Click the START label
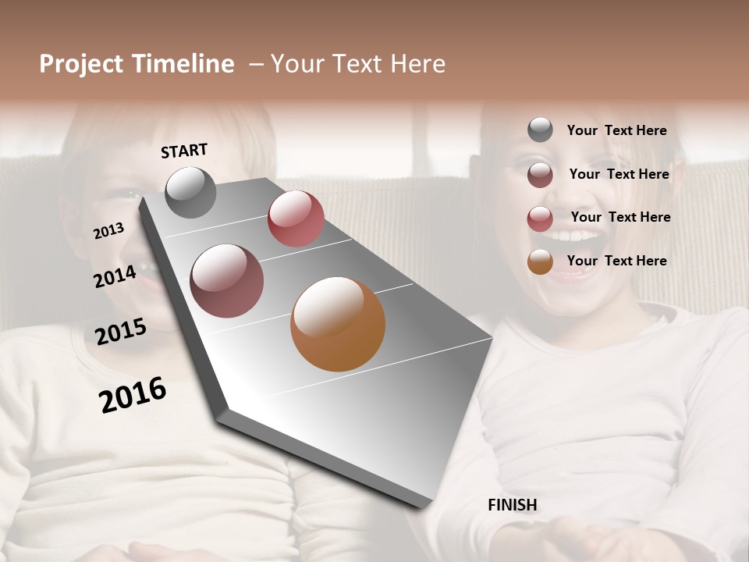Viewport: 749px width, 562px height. (x=184, y=151)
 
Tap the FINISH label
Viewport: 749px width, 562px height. (x=512, y=505)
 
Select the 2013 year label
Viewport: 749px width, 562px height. (x=109, y=230)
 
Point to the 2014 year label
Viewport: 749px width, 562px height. (x=115, y=277)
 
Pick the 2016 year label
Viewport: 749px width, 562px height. (x=133, y=394)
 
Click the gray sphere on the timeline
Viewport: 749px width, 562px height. (x=191, y=192)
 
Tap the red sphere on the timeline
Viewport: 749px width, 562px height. (x=296, y=219)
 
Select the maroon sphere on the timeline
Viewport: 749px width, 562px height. (x=227, y=281)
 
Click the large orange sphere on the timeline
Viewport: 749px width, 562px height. (x=338, y=324)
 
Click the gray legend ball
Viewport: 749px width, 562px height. (x=540, y=130)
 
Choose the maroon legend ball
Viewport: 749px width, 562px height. (x=540, y=174)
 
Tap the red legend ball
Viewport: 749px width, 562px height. (x=540, y=218)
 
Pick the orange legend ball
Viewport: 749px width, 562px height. (x=540, y=261)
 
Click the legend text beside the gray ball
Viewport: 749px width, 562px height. (x=616, y=130)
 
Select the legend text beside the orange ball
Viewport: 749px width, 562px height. (x=616, y=261)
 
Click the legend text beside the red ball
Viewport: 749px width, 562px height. (x=620, y=217)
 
